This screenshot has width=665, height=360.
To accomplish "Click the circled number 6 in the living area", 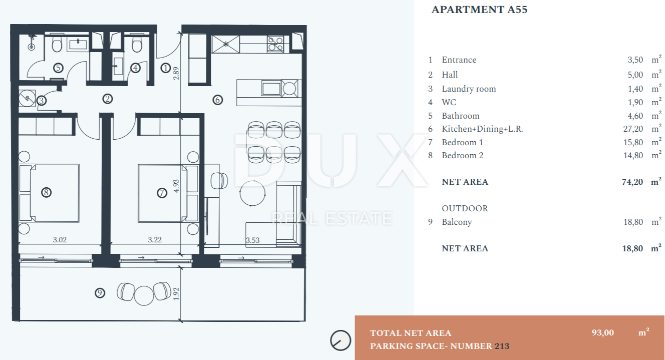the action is [x=218, y=100].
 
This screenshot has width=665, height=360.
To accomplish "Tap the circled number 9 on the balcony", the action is [x=100, y=293].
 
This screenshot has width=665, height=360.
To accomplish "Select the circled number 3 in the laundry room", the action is [x=41, y=101].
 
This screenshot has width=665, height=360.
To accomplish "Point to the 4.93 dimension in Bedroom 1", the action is [x=176, y=186].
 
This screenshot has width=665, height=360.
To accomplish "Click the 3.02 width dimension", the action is [x=60, y=239].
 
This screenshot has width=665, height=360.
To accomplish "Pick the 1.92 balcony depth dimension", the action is [x=176, y=293].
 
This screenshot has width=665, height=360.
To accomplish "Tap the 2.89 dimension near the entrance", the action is [x=176, y=73].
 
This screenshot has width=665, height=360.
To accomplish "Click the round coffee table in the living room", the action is [x=252, y=193].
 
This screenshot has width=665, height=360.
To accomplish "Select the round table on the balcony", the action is [x=144, y=295].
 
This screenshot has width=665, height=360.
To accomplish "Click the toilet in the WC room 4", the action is [x=137, y=44].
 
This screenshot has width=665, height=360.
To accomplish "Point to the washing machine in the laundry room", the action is [x=27, y=98].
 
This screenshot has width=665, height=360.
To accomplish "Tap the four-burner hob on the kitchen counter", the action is [x=275, y=44].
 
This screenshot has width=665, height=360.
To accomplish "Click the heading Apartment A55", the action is [x=479, y=10].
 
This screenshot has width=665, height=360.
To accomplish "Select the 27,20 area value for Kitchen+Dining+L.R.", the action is [x=633, y=129].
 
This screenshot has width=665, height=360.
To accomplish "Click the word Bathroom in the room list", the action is [x=461, y=116].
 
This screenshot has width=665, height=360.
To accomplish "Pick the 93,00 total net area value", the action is [x=603, y=332].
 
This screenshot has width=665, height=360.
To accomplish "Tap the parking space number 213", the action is [x=502, y=346].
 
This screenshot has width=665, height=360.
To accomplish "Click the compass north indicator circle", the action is [x=341, y=340].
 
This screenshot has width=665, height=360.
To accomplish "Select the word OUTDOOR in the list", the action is [x=465, y=208].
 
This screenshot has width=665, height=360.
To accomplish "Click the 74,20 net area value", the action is [x=632, y=182].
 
